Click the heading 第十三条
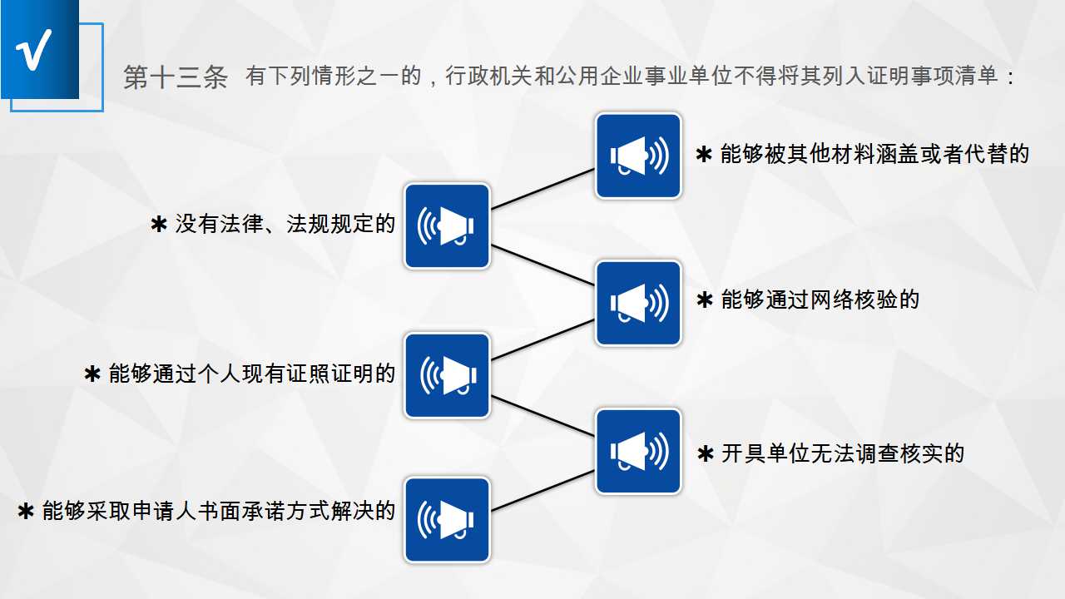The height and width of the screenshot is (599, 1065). pyautogui.click(x=176, y=77)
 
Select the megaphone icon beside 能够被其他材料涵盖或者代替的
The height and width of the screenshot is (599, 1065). pyautogui.click(x=638, y=156)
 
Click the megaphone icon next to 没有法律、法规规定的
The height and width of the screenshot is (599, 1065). pyautogui.click(x=447, y=225)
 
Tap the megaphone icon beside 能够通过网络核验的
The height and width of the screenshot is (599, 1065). pyautogui.click(x=638, y=303)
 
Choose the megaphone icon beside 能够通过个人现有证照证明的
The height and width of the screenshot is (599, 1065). pyautogui.click(x=447, y=375)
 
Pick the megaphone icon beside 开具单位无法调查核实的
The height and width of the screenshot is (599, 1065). pyautogui.click(x=638, y=451)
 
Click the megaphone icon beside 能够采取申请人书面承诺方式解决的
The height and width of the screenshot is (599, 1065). pyautogui.click(x=447, y=519)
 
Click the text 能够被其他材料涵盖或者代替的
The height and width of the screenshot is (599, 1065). pyautogui.click(x=874, y=154)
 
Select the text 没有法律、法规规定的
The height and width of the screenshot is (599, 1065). pyautogui.click(x=285, y=224)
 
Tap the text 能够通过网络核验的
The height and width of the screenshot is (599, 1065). pyautogui.click(x=820, y=299)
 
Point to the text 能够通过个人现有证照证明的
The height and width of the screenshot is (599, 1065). pyautogui.click(x=251, y=374)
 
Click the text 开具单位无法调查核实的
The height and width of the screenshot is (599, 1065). pyautogui.click(x=842, y=453)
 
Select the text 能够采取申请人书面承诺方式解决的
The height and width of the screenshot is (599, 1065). pyautogui.click(x=218, y=511)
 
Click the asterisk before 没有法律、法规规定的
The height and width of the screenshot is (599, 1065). pyautogui.click(x=159, y=225)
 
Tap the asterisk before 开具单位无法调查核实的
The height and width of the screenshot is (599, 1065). pyautogui.click(x=706, y=454)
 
